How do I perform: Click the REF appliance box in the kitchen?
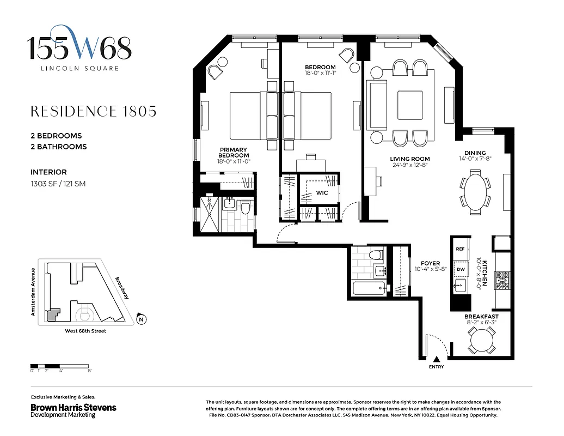point(461,249)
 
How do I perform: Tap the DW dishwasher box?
point(461,269)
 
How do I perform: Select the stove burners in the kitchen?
point(501,280)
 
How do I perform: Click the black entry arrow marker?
point(436,359)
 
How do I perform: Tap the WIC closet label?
point(321,193)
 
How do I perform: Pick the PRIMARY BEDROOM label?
point(233,153)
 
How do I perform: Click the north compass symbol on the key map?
point(141,319)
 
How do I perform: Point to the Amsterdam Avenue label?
point(33,292)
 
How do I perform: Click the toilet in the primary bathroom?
point(246,207)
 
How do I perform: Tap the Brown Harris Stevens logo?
point(73,408)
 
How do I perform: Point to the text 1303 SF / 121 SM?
point(58,184)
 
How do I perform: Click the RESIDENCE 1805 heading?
point(93,111)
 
